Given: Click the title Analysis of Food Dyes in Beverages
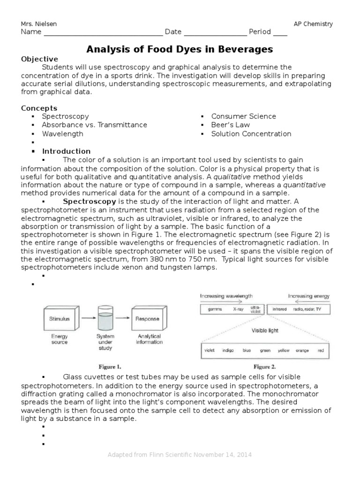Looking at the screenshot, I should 180,49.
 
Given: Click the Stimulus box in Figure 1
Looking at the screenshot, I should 60,319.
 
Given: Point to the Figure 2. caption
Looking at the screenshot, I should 265,367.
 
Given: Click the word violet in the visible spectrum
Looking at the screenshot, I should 210,350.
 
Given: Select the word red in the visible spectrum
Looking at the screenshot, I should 320,350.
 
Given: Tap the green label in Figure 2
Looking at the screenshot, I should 265,350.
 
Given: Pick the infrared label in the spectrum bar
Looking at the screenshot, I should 280,309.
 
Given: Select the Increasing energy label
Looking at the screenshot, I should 308,296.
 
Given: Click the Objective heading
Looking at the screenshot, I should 39,59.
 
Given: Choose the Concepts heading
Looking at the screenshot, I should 39,108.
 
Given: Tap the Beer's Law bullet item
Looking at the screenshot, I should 230,125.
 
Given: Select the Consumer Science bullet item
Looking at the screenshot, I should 243,116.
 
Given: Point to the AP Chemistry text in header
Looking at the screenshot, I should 313,24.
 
